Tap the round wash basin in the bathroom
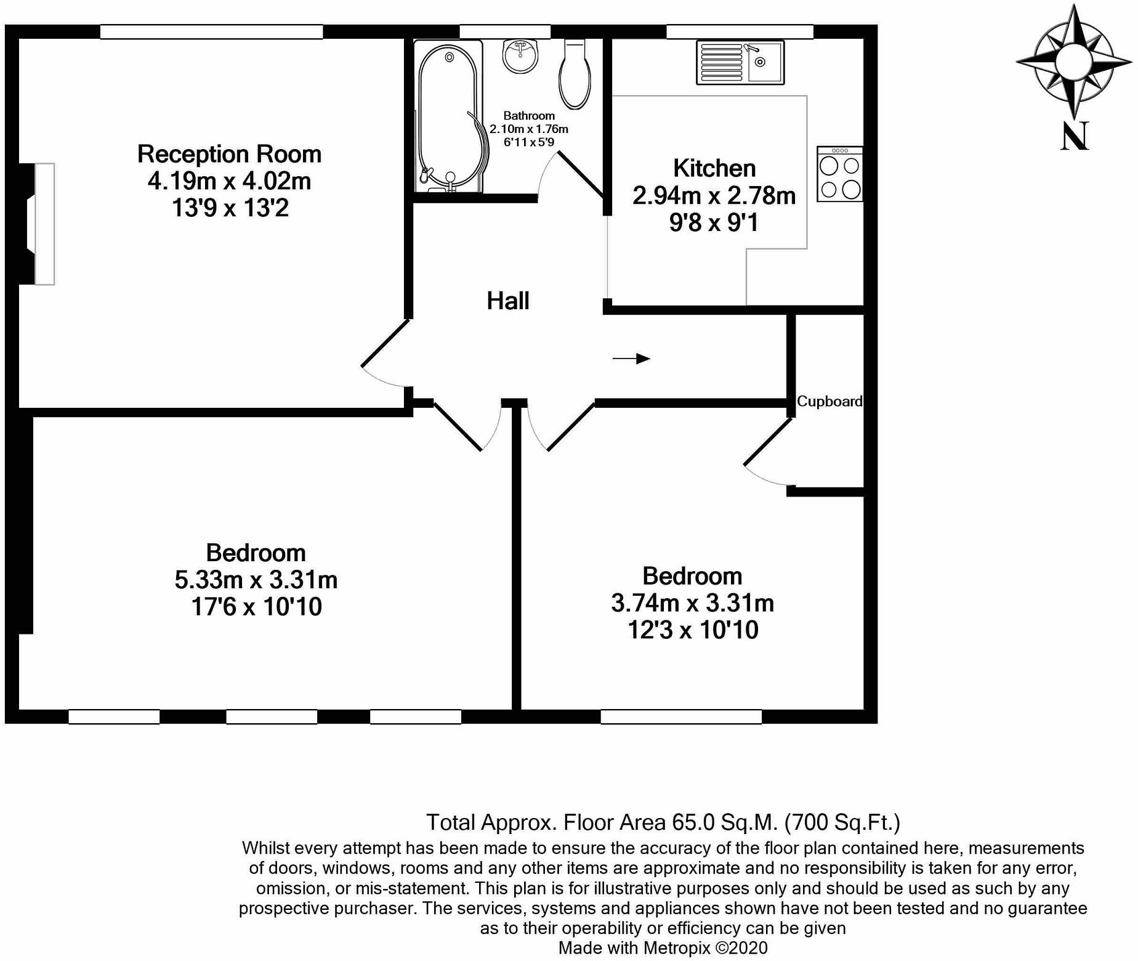tap(521, 56)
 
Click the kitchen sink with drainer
tap(740, 62)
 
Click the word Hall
tap(508, 301)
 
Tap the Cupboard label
tap(829, 402)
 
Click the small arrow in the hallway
tap(631, 359)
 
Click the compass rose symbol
tap(1074, 62)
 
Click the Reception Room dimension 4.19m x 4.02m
tap(229, 181)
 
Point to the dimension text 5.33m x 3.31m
tap(256, 580)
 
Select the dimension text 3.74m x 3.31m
tap(692, 603)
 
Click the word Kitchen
tap(714, 168)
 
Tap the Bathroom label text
tap(529, 116)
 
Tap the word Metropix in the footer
tap(677, 947)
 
